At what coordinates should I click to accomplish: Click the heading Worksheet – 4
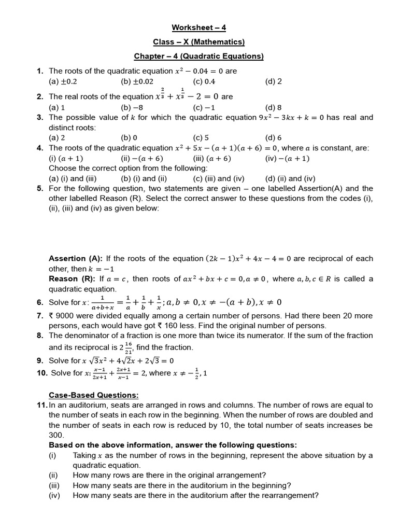click(199, 27)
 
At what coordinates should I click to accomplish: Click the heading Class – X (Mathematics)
click(199, 42)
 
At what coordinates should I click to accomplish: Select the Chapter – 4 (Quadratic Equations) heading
click(199, 56)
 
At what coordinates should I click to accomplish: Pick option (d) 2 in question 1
click(273, 81)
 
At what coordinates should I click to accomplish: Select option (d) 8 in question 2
click(273, 107)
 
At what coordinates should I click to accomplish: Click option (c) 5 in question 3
click(201, 138)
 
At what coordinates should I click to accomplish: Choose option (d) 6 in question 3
click(273, 138)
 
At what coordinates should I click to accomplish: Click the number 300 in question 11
click(56, 435)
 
